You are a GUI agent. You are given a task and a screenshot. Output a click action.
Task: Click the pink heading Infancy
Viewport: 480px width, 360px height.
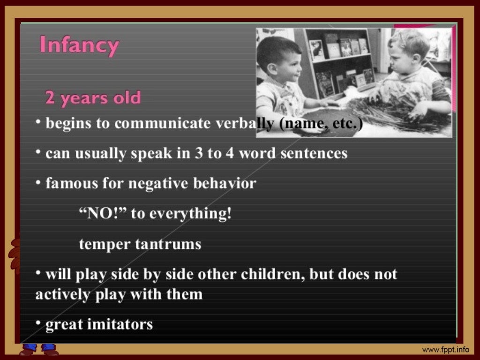[x=79, y=46]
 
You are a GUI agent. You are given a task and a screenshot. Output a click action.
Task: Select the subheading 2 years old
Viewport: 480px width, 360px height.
[x=92, y=98]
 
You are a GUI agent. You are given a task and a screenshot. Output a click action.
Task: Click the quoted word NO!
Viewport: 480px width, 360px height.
[x=102, y=214]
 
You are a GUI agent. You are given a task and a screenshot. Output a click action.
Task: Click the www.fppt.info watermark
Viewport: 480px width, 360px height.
[x=445, y=350]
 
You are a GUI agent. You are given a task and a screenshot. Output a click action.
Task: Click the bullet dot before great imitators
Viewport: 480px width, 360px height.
[x=38, y=323]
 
